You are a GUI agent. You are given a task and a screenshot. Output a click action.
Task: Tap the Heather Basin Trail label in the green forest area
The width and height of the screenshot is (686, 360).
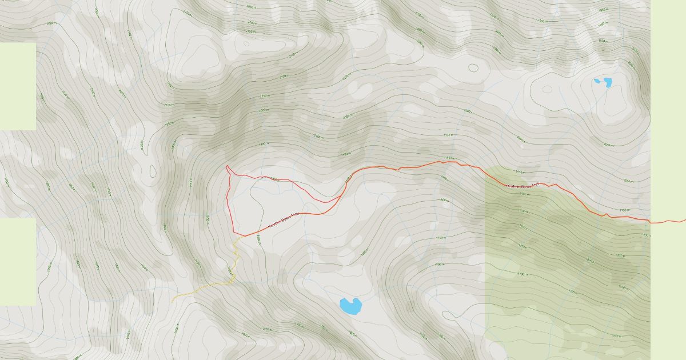click(523, 185)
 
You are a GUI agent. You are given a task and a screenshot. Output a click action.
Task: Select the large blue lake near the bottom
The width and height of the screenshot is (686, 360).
click(350, 306)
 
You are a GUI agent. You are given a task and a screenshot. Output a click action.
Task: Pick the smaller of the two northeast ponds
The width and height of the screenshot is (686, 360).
click(597, 81)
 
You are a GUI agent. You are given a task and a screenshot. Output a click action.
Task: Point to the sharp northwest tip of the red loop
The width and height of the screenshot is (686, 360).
click(227, 166)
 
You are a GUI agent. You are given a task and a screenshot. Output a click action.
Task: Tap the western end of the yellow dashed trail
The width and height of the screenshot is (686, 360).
click(172, 301)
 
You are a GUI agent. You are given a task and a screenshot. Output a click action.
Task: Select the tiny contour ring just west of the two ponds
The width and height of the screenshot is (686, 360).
click(547, 89)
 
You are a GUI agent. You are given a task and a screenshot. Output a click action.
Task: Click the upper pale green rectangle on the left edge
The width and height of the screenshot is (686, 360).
click(18, 86)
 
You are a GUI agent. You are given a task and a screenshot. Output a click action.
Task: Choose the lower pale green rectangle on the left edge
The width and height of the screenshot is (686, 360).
click(18, 261)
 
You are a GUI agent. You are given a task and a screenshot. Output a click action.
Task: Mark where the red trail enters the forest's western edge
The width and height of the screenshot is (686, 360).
click(486, 169)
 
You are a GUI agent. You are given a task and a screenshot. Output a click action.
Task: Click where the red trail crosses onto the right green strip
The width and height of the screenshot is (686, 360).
click(651, 221)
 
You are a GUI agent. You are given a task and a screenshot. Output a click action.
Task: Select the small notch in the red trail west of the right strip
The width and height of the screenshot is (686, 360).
click(605, 214)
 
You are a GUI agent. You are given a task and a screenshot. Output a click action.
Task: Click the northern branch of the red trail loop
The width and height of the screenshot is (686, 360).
click(286, 180)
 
